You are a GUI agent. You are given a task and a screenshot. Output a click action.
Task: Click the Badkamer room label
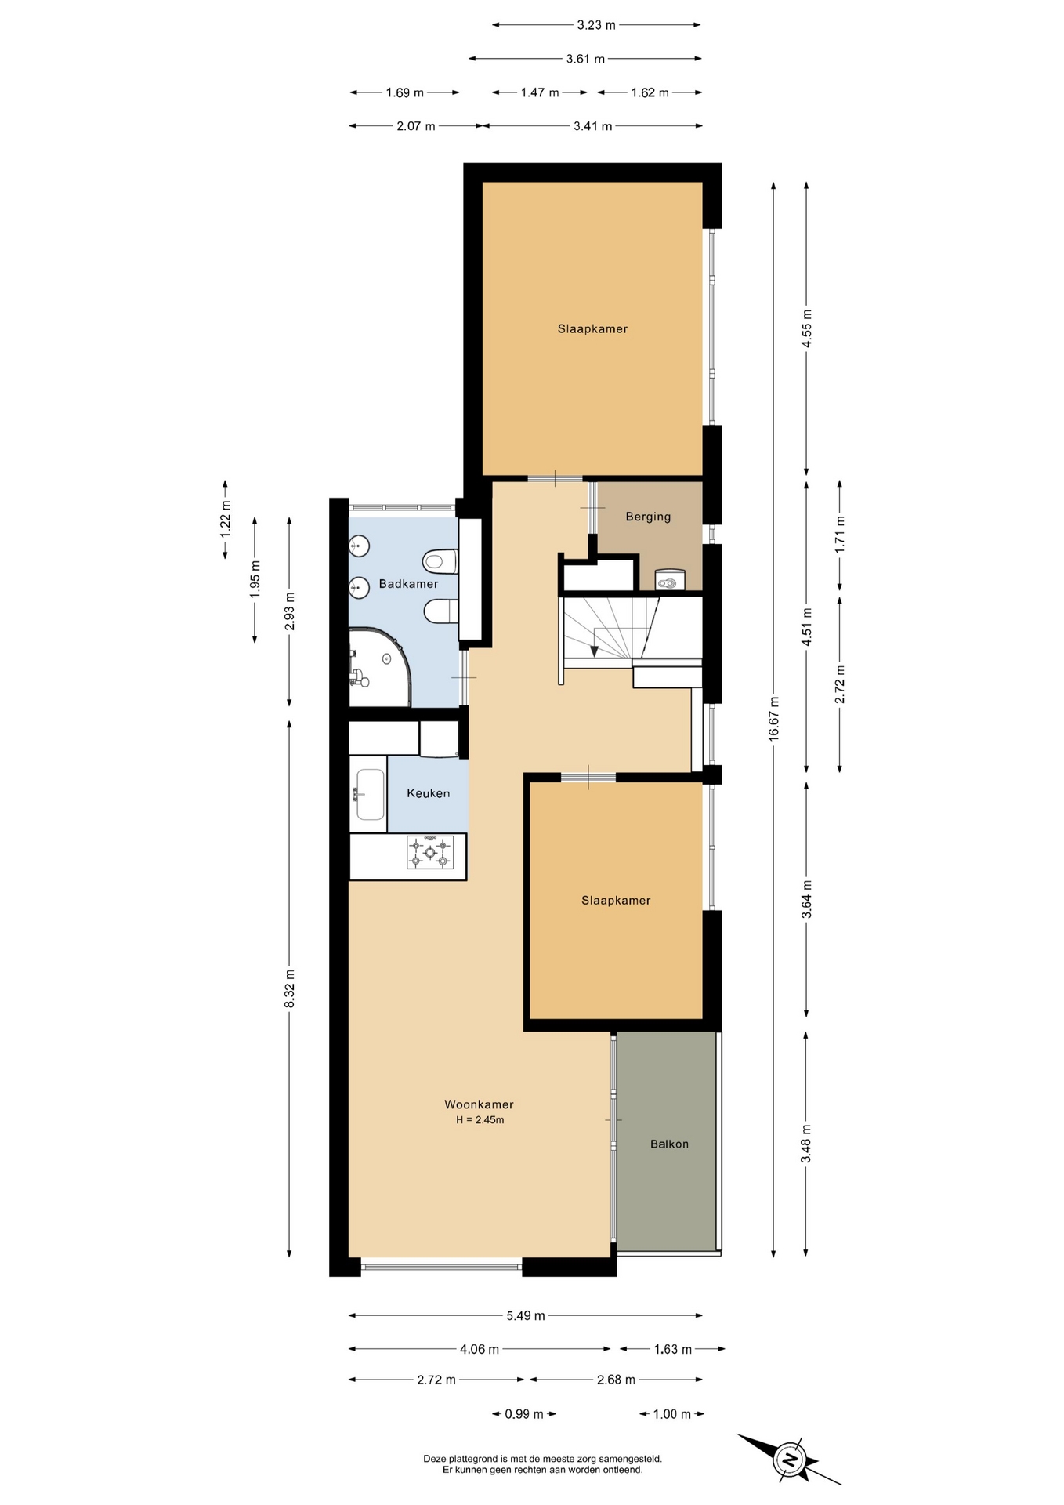point(408,584)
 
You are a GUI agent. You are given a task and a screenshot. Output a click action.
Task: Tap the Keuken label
point(429,793)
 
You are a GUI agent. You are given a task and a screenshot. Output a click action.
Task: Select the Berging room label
point(648,517)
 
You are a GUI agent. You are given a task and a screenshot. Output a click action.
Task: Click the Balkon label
point(669,1144)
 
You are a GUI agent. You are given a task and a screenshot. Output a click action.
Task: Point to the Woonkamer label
point(479,1104)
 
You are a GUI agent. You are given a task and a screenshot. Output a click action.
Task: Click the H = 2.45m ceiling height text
point(480,1120)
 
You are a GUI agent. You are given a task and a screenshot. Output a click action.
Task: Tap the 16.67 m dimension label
point(774,718)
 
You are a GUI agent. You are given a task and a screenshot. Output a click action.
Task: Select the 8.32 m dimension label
point(289,988)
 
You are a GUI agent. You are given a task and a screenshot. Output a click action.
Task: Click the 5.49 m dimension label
point(525,1315)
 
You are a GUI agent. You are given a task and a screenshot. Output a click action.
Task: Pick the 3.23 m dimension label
point(596,25)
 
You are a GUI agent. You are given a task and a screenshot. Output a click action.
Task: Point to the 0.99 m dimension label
point(524,1414)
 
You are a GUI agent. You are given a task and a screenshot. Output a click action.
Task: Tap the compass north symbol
point(790,1460)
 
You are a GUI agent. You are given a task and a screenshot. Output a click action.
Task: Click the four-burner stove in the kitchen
point(430,853)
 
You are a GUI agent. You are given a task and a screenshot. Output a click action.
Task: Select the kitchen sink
point(370,794)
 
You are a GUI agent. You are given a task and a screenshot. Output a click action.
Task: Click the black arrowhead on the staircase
point(594,651)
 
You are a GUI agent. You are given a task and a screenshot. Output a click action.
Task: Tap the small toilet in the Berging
point(669,580)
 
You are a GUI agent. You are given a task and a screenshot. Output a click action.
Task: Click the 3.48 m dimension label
point(806,1144)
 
